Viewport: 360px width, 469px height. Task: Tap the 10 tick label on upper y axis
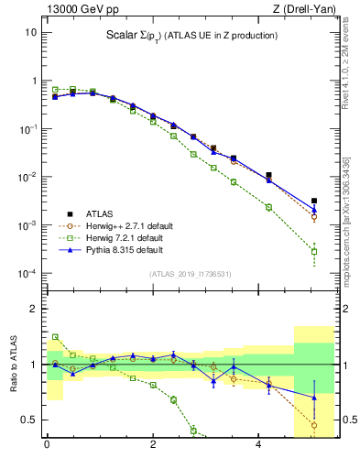30,32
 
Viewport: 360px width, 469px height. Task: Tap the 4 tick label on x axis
259,446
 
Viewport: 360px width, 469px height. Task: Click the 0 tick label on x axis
47,446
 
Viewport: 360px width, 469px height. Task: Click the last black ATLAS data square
313,201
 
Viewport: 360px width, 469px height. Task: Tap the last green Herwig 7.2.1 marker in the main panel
313,251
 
